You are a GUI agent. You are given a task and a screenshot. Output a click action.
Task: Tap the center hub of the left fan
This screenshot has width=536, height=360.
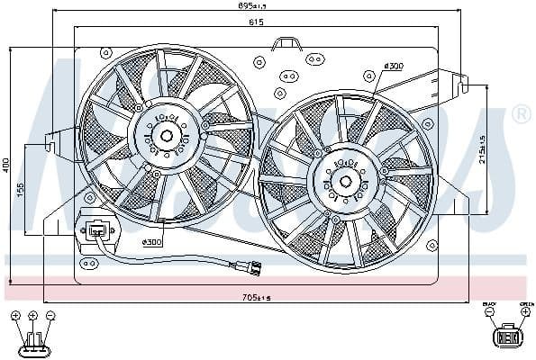(167, 137)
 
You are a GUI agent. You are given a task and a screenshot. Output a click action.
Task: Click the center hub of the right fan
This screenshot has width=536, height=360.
(345, 180)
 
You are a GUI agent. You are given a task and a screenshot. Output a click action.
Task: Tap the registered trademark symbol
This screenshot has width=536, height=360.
(520, 114)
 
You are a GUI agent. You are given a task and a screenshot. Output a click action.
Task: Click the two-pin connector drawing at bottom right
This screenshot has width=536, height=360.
(505, 337)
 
